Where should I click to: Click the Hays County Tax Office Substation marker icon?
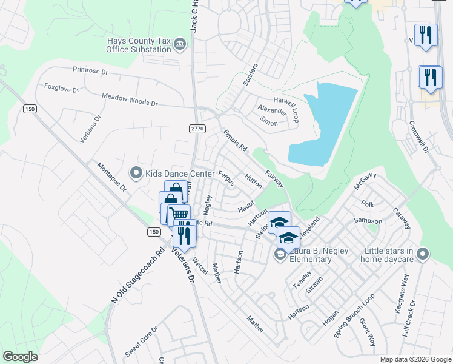coord(180,44)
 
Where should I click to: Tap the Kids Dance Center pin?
coord(136,174)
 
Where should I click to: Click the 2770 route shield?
coord(197,129)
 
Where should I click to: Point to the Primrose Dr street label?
coord(90,71)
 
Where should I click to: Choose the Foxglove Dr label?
coord(62,88)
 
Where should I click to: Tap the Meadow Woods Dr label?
coord(130,100)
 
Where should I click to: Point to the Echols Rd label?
coord(235,140)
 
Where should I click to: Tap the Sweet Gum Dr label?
coord(141,342)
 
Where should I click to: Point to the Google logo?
coord(20,357)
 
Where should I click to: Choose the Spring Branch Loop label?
coord(355,316)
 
